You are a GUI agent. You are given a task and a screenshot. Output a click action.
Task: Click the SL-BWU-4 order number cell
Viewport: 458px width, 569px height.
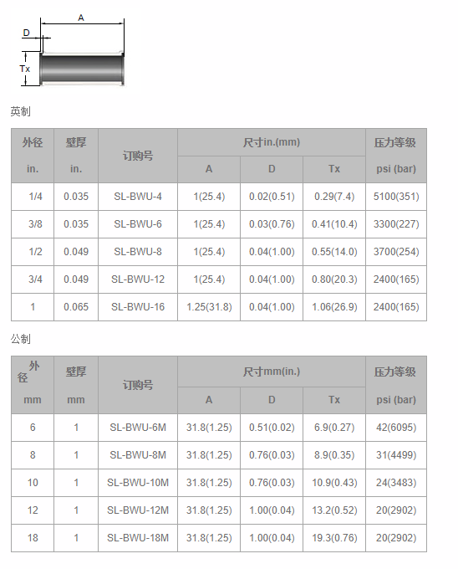138,197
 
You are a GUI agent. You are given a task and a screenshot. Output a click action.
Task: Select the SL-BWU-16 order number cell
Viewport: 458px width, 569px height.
138,307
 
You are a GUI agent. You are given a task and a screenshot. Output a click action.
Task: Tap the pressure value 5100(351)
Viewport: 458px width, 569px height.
396,197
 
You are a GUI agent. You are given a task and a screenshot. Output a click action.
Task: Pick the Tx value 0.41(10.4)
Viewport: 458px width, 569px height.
334,224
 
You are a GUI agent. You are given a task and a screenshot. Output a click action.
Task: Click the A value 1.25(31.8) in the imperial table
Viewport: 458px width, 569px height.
209,307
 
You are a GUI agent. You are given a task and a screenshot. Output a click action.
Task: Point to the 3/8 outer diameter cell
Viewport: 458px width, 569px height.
35,224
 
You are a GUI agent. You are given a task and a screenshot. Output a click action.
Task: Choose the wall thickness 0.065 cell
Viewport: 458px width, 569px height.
76,307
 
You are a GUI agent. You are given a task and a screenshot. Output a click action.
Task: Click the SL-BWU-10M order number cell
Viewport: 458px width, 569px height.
138,483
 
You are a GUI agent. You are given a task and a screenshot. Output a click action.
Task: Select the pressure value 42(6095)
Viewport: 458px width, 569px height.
396,428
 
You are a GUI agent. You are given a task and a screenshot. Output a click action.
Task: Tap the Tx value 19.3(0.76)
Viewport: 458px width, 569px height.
334,538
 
